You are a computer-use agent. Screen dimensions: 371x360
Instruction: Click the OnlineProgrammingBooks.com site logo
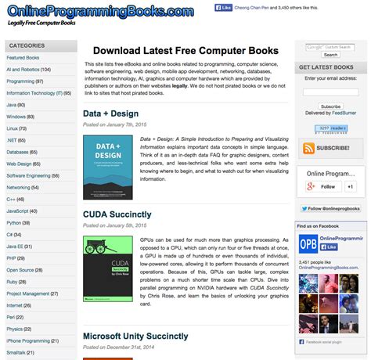coord(99,12)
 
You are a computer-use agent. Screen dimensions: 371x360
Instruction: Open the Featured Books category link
coord(23,58)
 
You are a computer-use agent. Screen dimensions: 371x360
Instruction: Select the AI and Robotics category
coord(28,69)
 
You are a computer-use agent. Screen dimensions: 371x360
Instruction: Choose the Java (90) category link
coord(16,104)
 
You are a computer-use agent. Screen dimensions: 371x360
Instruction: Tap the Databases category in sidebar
coord(23,152)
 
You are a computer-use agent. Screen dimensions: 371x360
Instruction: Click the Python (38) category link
coord(19,222)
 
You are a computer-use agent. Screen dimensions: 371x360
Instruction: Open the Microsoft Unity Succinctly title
coord(135,336)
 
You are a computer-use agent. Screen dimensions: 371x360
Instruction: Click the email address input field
coord(330,90)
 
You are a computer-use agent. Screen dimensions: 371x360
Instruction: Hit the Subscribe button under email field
coord(330,106)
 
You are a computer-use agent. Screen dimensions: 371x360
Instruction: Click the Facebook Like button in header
coord(224,8)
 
